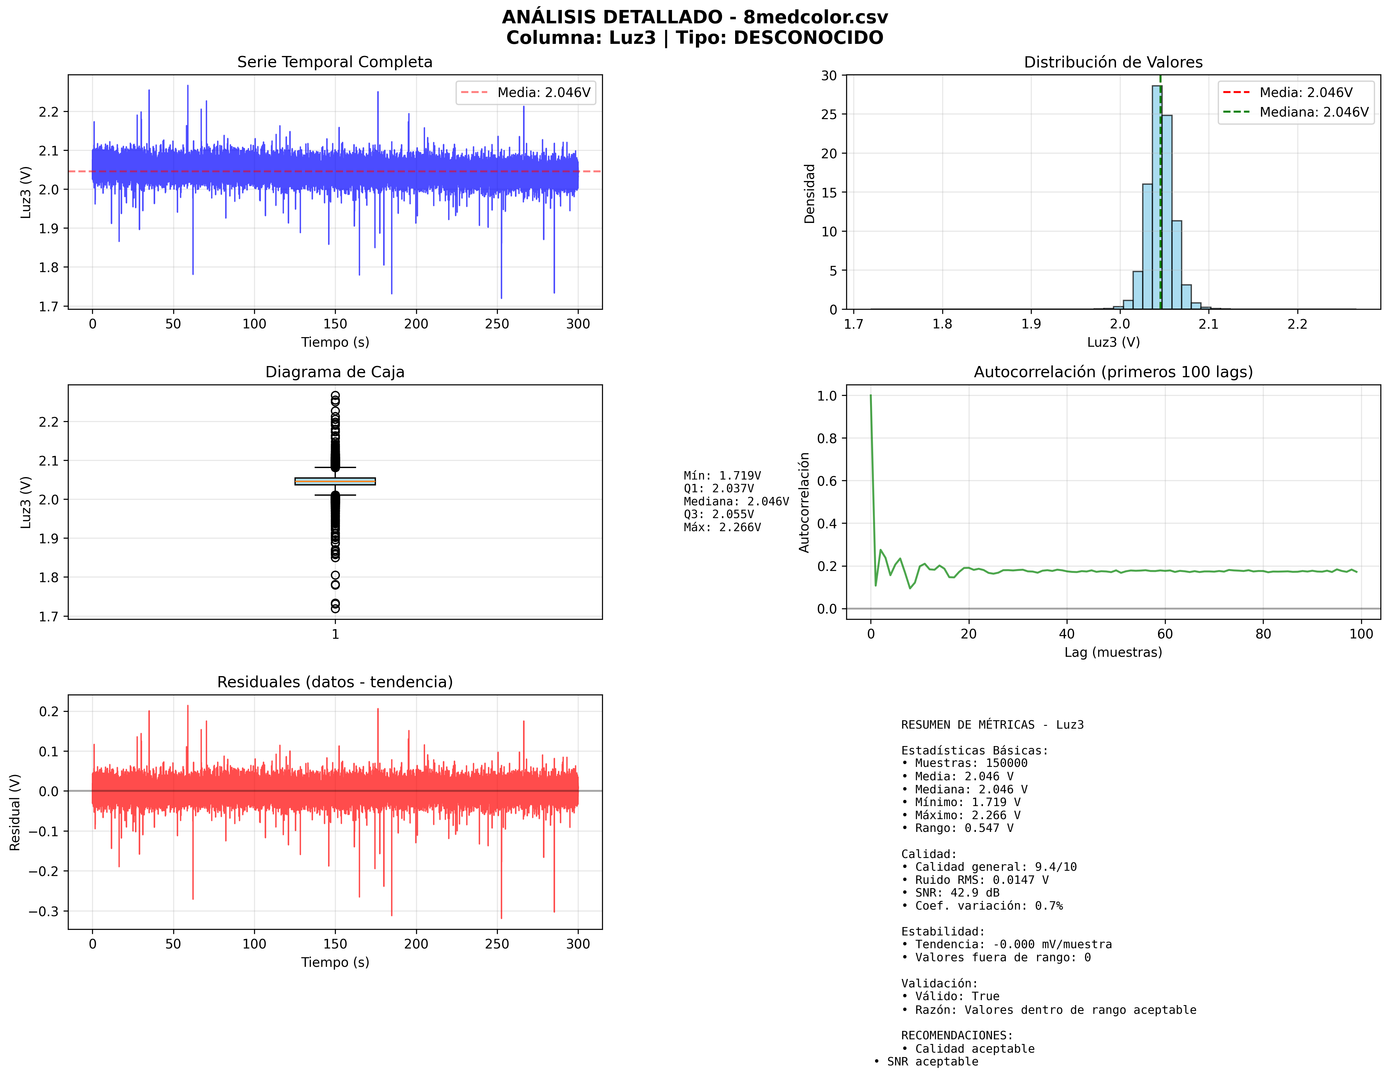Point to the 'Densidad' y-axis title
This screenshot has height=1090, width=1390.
(809, 193)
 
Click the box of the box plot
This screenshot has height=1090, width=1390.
(335, 481)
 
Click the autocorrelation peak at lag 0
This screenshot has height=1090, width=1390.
(870, 396)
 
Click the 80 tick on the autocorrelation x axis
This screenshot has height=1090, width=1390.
(1263, 634)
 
